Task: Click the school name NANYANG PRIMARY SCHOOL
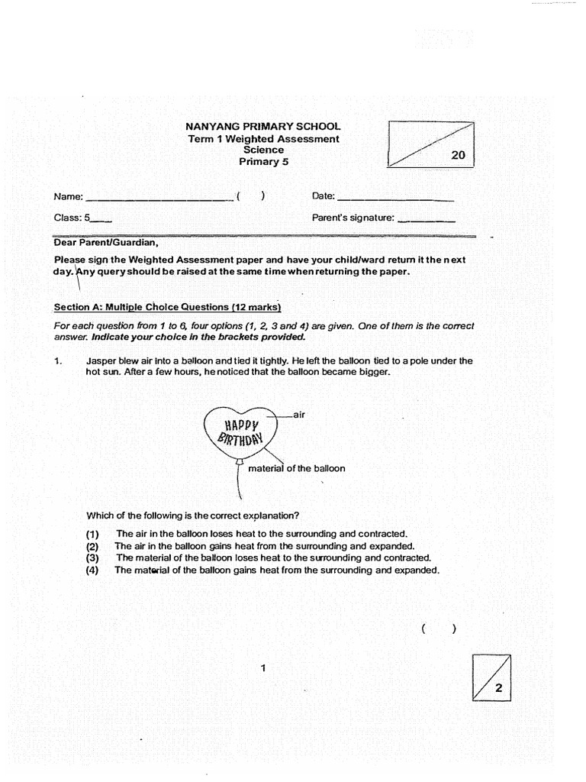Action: click(263, 126)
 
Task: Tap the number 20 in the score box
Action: click(458, 155)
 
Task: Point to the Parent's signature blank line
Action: click(427, 219)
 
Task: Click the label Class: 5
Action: click(72, 218)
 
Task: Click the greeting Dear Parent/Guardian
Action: click(105, 243)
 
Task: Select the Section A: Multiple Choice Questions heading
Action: click(167, 307)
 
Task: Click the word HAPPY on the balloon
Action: click(242, 425)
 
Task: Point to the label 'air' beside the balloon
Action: click(299, 414)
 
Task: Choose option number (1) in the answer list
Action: click(92, 534)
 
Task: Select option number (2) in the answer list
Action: click(92, 546)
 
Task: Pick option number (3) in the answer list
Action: click(92, 557)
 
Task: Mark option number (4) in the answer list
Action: click(92, 570)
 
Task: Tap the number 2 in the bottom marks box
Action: click(498, 688)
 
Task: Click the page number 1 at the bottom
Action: click(262, 668)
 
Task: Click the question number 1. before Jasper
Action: click(58, 361)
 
